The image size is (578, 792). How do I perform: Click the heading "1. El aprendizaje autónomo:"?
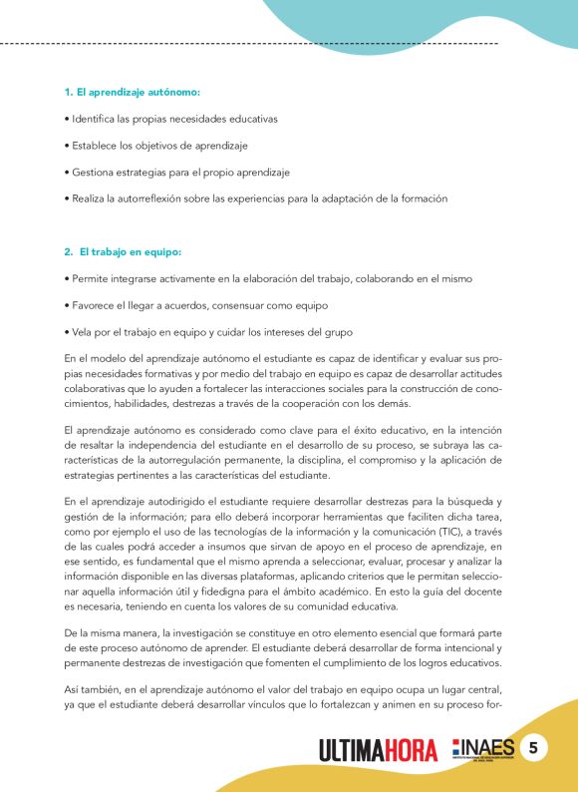point(132,92)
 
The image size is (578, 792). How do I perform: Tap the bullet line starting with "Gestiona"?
point(176,173)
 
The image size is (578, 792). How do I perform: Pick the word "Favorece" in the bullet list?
point(91,303)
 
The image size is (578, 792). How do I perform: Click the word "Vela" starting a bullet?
point(79,330)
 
